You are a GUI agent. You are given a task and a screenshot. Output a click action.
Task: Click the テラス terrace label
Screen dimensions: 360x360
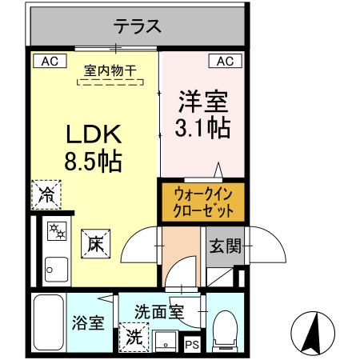coord(138,26)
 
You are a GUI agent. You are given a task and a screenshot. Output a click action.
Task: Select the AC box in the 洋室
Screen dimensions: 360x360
coord(225,61)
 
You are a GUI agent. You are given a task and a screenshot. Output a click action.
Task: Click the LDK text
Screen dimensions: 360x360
coord(93,134)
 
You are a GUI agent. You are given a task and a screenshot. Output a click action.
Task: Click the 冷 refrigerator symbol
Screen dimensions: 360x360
coord(47,194)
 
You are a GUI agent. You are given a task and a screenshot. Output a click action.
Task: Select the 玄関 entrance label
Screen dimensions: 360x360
coord(225,246)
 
